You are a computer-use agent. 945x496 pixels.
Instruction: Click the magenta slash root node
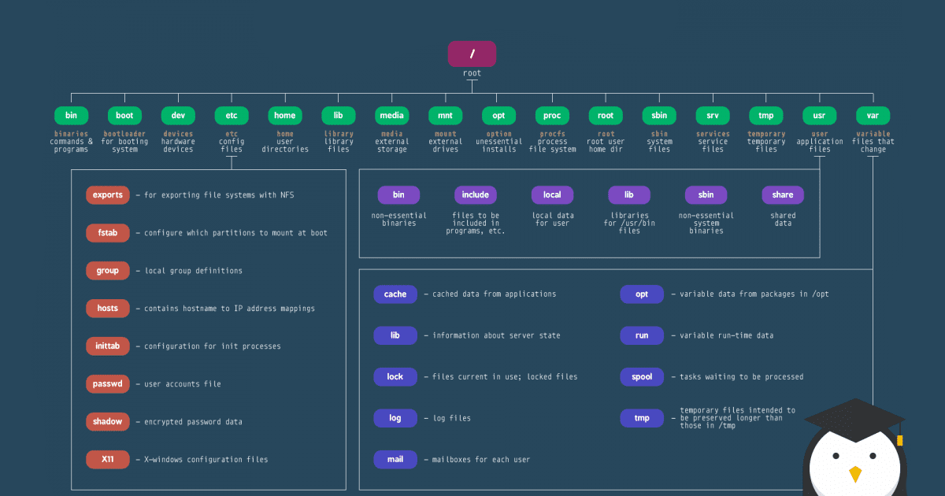pyautogui.click(x=472, y=54)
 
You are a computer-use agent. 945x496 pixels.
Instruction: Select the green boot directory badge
pyautogui.click(x=124, y=116)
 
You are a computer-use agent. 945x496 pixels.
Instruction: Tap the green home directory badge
pyautogui.click(x=285, y=116)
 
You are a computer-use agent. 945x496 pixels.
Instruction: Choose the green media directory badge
pyautogui.click(x=391, y=116)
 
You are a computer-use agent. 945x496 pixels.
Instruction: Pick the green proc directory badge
pyautogui.click(x=552, y=116)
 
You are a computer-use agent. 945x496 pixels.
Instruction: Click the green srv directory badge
pyautogui.click(x=713, y=116)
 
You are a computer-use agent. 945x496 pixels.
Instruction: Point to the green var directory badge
pyautogui.click(x=873, y=116)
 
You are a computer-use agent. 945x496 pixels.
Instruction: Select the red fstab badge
pyautogui.click(x=108, y=233)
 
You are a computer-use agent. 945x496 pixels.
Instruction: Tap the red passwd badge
pyautogui.click(x=108, y=384)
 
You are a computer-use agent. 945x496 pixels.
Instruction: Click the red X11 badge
pyautogui.click(x=108, y=459)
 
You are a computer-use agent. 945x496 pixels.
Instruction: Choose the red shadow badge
pyautogui.click(x=108, y=422)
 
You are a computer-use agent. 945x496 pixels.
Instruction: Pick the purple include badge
pyautogui.click(x=476, y=195)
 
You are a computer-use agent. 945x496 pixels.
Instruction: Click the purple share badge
pyautogui.click(x=783, y=195)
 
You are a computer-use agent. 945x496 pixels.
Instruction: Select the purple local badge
pyautogui.click(x=552, y=195)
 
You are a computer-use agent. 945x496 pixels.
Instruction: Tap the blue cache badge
pyautogui.click(x=395, y=294)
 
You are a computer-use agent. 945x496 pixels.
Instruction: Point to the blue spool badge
pyautogui.click(x=642, y=377)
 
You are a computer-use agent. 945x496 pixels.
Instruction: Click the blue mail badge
pyautogui.click(x=395, y=460)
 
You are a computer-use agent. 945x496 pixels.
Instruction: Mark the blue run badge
pyautogui.click(x=642, y=335)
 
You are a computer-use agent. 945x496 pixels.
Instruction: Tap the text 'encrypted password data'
pyautogui.click(x=193, y=422)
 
